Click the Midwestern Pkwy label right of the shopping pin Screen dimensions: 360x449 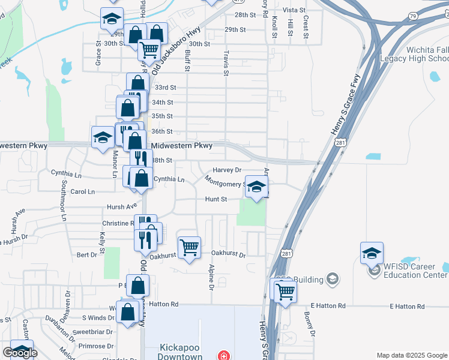(x=182, y=146)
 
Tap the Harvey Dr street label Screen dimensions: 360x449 (x=227, y=170)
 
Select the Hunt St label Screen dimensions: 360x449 (x=216, y=199)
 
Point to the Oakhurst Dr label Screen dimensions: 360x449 (x=229, y=254)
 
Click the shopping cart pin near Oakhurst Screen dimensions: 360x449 (x=190, y=246)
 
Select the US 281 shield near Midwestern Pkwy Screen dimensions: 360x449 (x=340, y=142)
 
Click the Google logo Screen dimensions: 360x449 (x=20, y=353)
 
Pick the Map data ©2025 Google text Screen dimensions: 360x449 (x=412, y=355)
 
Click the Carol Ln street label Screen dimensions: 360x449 (x=83, y=192)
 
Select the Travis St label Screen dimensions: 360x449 (x=226, y=62)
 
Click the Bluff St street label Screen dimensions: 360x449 (x=187, y=60)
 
